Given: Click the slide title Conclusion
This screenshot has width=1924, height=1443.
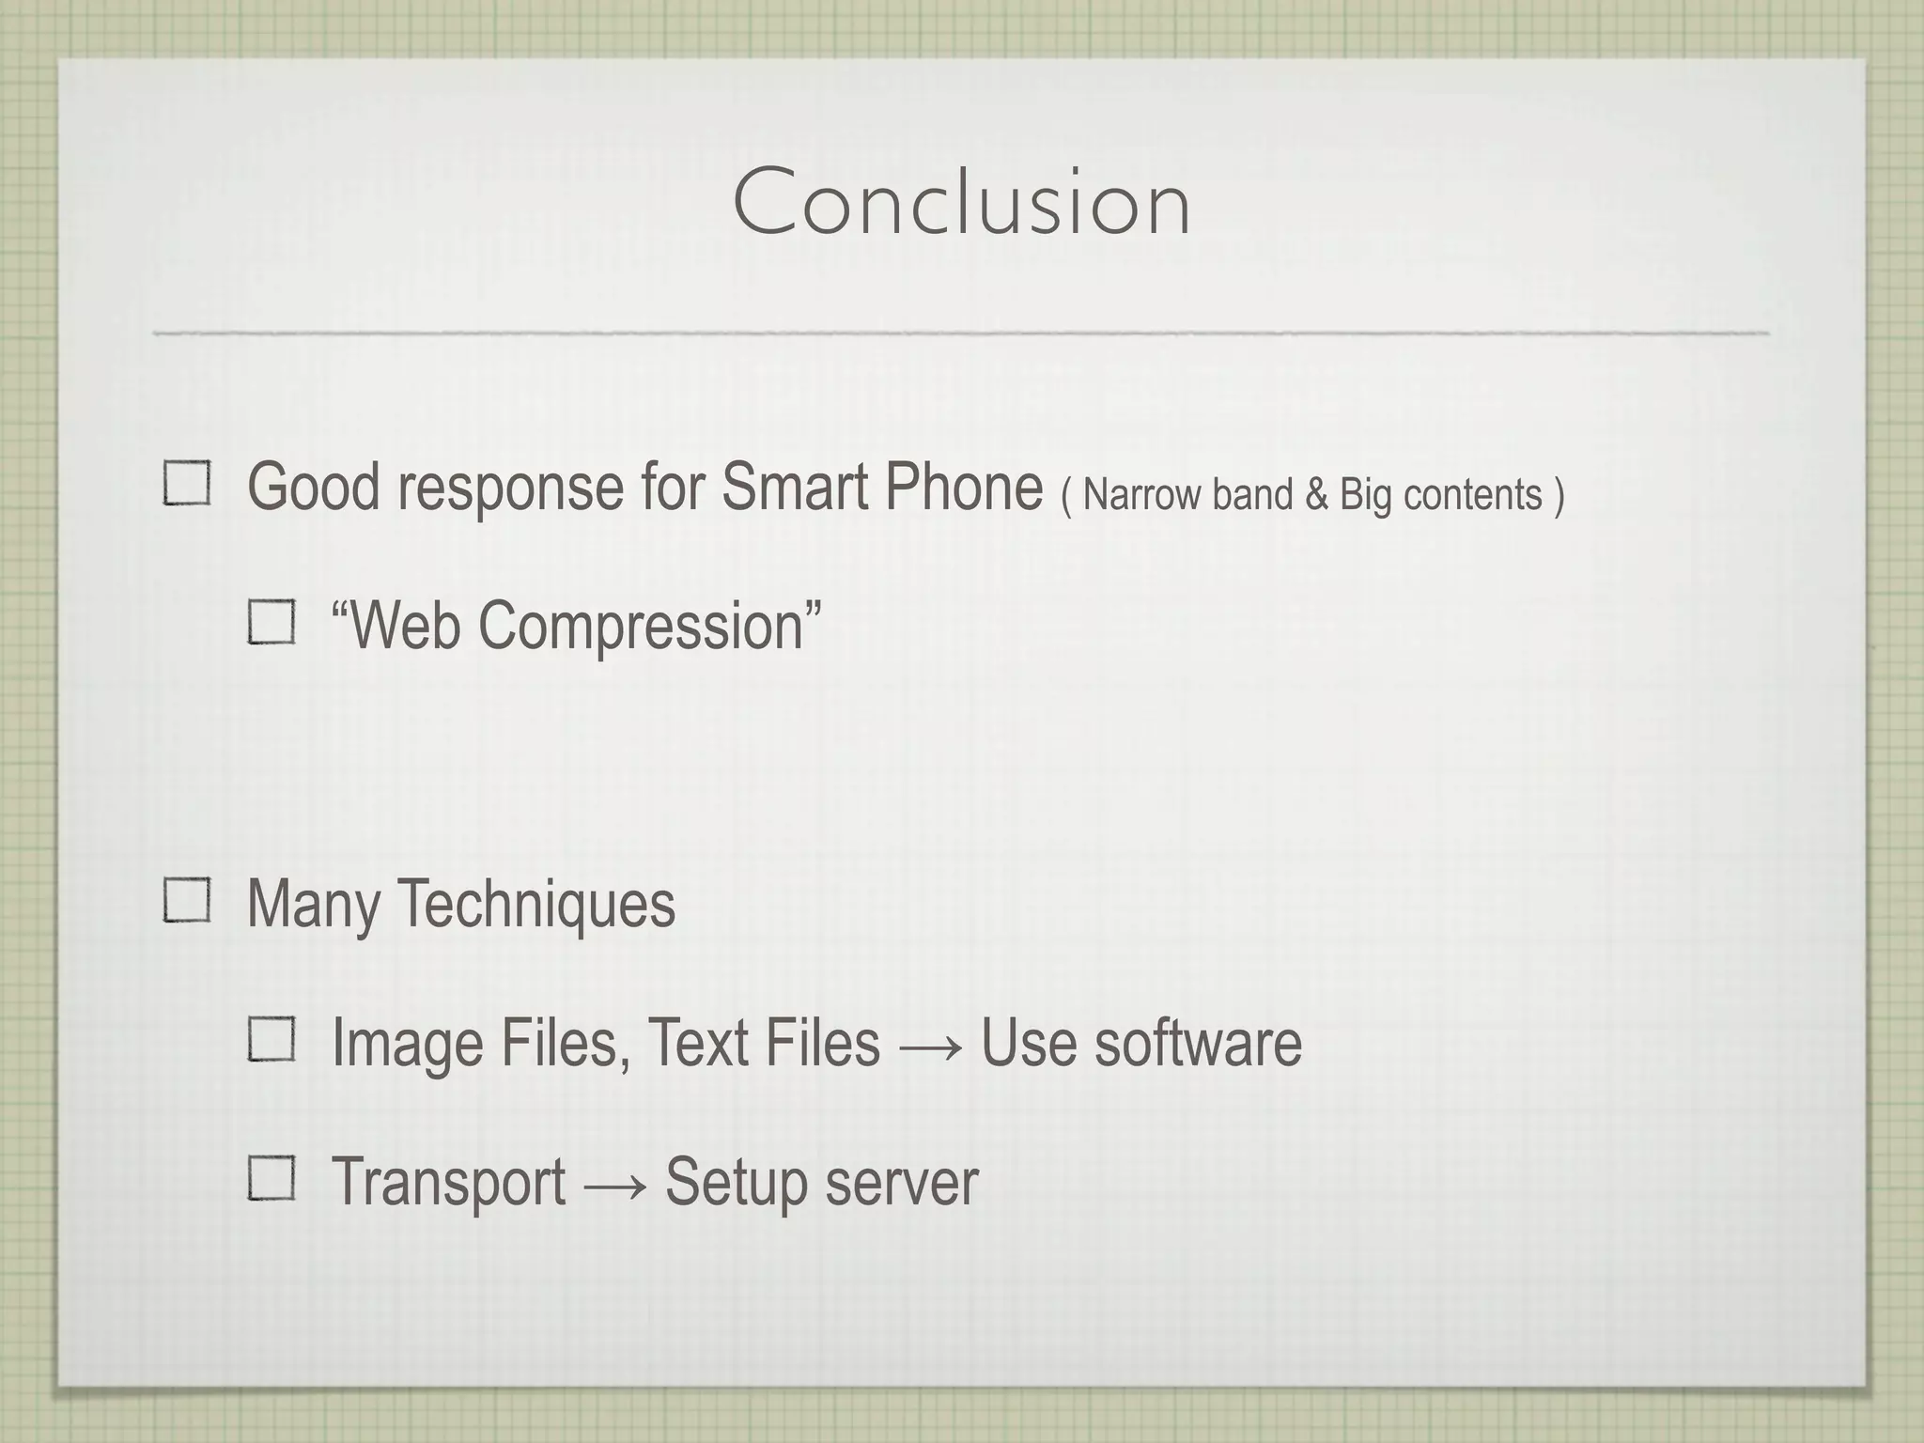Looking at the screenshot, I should point(961,202).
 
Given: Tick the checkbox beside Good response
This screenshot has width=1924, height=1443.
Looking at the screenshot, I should point(187,484).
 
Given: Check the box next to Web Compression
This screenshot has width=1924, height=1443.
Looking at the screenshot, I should point(272,622).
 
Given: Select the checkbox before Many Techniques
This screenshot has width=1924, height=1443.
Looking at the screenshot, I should point(187,900).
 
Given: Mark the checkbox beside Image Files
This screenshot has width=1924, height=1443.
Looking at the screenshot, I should point(272,1040).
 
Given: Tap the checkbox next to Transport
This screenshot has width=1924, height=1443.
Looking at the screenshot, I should point(272,1178).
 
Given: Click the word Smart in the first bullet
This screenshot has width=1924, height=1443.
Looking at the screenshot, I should point(795,487).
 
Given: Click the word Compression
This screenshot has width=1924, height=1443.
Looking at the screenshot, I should point(641,626).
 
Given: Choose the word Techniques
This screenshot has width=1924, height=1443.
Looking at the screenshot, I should point(536,904).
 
